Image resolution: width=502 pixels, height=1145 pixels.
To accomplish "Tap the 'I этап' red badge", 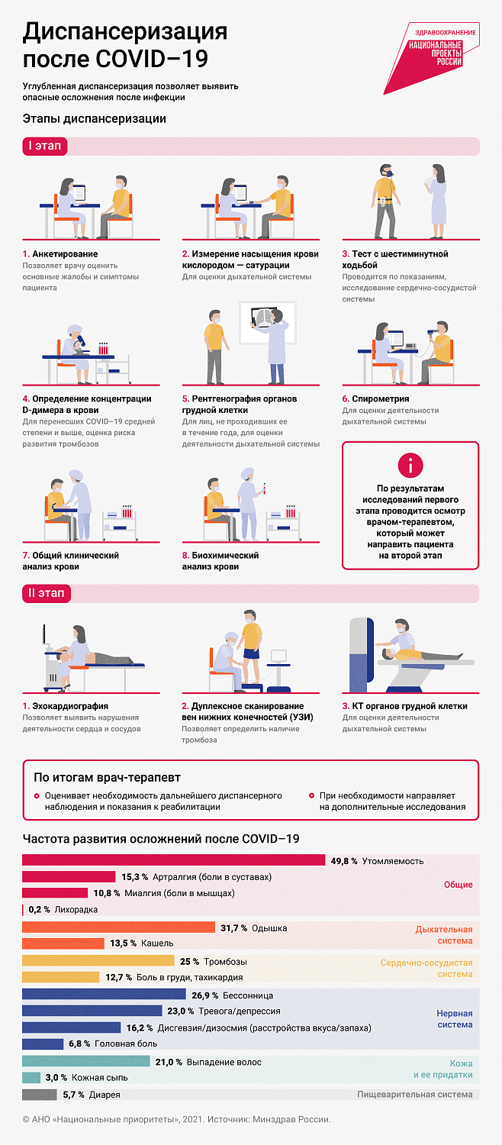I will click(x=45, y=147).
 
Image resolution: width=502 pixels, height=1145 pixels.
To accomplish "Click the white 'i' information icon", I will click(x=410, y=465).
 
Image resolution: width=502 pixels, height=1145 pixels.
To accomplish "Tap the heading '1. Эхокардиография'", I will click(x=66, y=706).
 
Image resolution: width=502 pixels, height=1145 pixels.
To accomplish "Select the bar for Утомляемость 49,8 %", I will click(x=174, y=861).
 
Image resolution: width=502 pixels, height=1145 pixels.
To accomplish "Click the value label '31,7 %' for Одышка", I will click(x=233, y=928).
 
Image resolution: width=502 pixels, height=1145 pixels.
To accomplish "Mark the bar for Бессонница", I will click(x=104, y=995).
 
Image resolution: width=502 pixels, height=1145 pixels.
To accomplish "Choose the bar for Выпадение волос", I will click(x=86, y=1062).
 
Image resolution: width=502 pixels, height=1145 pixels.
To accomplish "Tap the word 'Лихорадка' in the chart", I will click(x=76, y=910).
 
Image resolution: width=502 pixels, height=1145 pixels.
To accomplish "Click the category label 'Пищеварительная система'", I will click(x=414, y=1095).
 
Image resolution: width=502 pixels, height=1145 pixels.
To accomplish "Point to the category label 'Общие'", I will click(x=458, y=885).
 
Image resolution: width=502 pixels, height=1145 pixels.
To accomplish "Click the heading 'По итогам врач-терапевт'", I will click(x=107, y=778).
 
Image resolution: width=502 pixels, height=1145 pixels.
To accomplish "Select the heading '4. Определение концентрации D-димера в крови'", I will click(x=87, y=404).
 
